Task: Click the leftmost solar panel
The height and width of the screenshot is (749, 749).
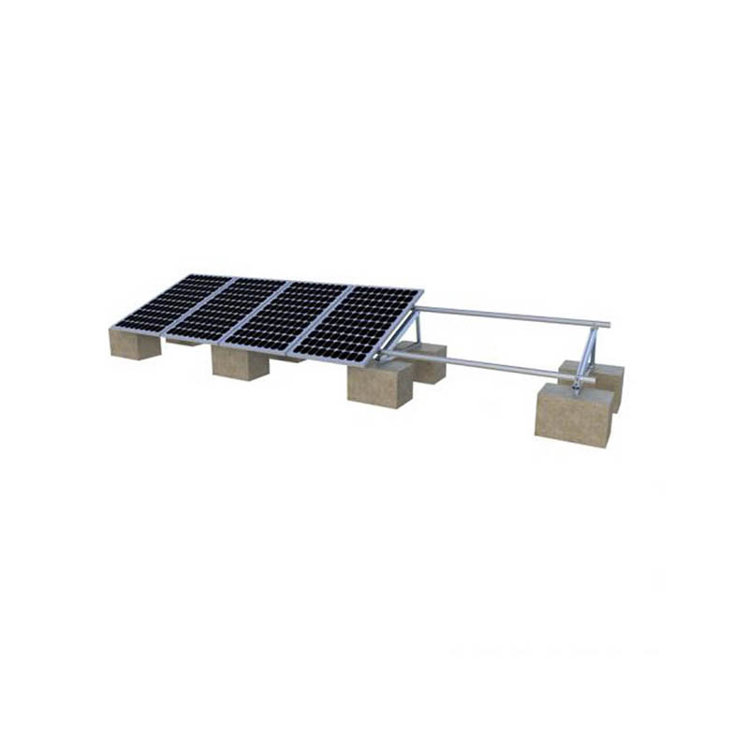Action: pos(173,301)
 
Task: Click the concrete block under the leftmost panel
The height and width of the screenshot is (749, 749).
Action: pos(135,344)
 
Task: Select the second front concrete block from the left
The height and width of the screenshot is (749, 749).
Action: pos(240,363)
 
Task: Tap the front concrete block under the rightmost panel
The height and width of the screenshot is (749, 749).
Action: pos(380,385)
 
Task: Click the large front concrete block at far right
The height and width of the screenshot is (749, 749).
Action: pos(574,416)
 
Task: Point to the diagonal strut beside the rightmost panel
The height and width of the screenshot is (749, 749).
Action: pos(401,332)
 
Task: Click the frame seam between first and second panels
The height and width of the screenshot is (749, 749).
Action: pos(199,305)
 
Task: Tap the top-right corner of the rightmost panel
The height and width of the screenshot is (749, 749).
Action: pos(422,290)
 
